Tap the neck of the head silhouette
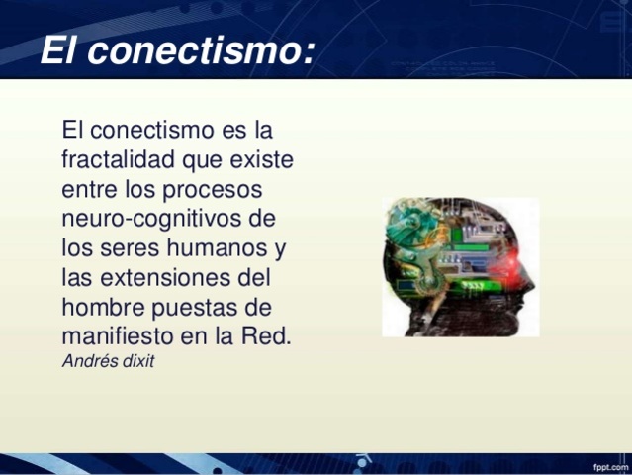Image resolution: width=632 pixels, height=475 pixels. [465, 322]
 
